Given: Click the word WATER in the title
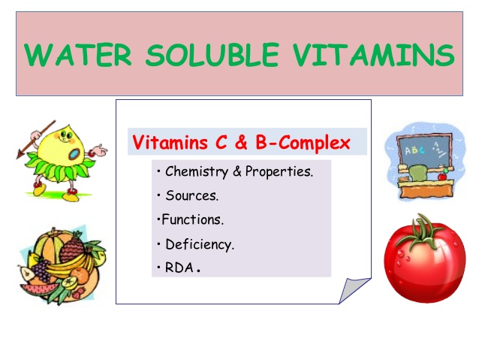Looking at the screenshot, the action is pos(77,54).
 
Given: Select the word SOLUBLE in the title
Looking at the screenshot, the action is pos(212,54).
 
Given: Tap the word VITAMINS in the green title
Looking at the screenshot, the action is pos(374,54).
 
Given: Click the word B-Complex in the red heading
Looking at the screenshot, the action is pos(303,143).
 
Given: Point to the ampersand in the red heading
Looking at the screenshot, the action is pos(241,143).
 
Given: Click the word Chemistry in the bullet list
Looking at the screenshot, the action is pos(197,171).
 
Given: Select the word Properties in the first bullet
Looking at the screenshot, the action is pos(279,171).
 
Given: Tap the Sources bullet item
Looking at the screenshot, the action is pos(192,195).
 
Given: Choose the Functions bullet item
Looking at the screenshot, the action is pos(192,219).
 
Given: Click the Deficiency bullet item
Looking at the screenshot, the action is pos(200,244).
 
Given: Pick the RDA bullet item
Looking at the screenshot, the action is pos(182,268).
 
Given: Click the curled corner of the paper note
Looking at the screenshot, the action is pos(354,290).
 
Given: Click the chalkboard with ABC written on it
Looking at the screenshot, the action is pos(423,151).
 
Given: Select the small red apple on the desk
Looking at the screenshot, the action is pos(442,177).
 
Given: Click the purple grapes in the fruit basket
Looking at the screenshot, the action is pos(41,271).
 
